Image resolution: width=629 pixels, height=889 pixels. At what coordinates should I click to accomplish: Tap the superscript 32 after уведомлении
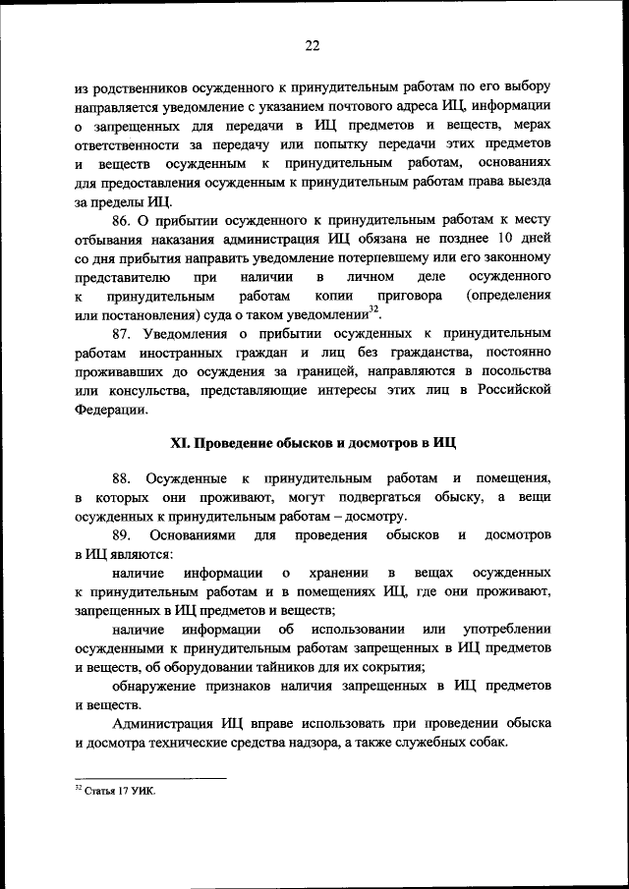tap(373, 309)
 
